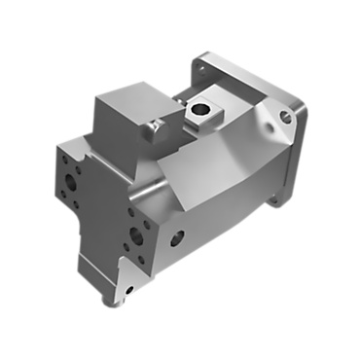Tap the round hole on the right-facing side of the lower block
(178, 236)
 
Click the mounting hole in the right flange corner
(285, 117)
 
